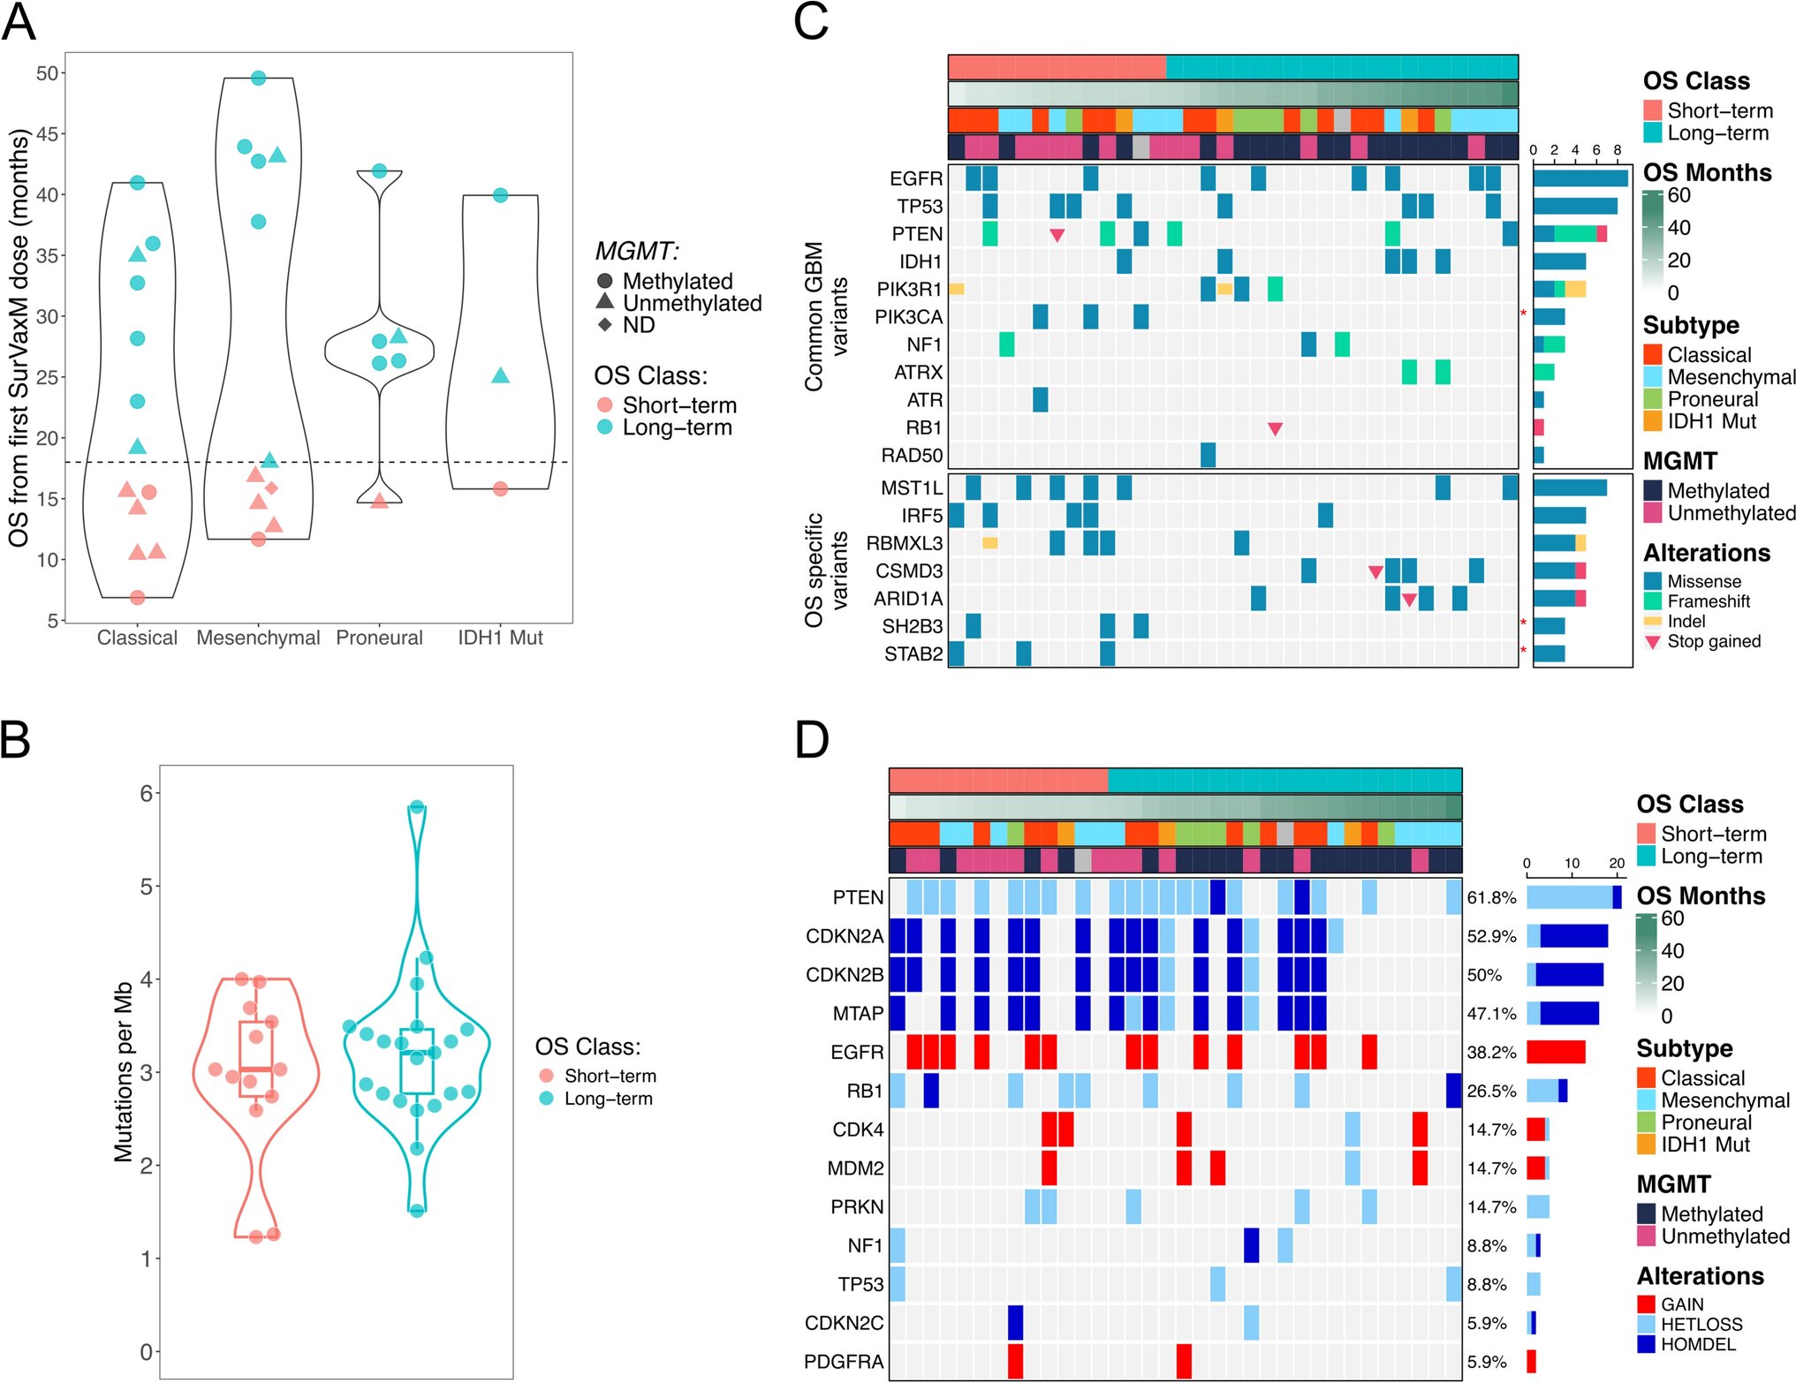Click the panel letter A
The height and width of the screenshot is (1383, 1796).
19,23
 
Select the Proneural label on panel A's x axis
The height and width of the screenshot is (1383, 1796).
379,638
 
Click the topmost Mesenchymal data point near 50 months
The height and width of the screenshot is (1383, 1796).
259,79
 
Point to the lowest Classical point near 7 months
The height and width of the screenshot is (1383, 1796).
137,598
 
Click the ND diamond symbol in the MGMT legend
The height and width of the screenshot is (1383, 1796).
605,325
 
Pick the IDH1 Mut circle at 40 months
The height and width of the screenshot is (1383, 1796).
500,195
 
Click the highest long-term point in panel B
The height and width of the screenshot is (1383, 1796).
417,807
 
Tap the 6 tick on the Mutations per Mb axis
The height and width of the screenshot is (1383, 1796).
147,793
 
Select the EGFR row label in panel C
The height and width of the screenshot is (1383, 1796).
916,178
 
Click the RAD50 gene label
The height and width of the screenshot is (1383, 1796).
912,456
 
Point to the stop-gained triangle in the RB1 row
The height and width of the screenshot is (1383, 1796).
1275,429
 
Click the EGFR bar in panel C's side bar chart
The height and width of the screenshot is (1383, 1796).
1580,178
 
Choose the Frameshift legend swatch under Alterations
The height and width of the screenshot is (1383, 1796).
1653,601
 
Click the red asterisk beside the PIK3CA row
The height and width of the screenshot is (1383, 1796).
1523,314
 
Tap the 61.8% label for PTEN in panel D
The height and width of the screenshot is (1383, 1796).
1491,898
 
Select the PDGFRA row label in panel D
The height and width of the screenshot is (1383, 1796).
844,1362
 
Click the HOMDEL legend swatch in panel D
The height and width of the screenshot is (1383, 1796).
1646,1344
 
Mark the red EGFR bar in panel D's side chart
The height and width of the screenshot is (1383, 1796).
1556,1052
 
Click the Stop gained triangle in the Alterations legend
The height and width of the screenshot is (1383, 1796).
1653,642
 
